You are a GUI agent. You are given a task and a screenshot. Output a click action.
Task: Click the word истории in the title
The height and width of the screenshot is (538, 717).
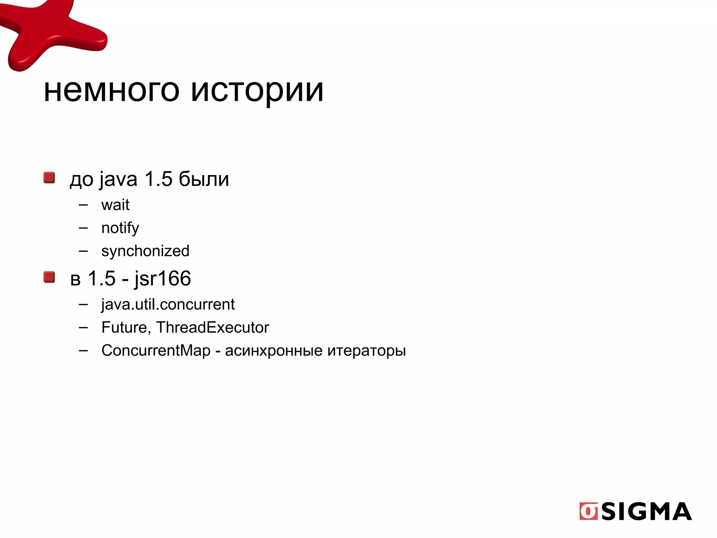(x=257, y=91)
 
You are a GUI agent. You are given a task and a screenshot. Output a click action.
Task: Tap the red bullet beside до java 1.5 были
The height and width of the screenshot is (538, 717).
(x=49, y=178)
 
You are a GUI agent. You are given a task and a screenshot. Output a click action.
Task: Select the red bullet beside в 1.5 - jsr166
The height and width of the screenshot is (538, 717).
(x=49, y=277)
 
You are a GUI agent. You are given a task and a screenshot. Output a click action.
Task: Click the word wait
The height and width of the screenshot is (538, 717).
(x=115, y=205)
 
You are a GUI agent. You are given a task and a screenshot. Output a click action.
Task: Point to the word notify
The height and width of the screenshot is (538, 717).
(x=120, y=228)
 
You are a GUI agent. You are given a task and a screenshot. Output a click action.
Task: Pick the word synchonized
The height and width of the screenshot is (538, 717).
(x=145, y=251)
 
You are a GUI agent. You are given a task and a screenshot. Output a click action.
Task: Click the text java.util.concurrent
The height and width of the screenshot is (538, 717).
(x=168, y=304)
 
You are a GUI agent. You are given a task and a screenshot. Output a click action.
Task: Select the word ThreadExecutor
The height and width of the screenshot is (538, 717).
(x=213, y=327)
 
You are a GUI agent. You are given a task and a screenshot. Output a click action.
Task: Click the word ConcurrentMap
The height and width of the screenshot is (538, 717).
(x=156, y=351)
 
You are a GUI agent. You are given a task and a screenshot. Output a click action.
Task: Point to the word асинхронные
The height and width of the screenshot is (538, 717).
(x=274, y=351)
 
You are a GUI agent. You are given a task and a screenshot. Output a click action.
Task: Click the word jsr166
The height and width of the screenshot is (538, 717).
(x=162, y=279)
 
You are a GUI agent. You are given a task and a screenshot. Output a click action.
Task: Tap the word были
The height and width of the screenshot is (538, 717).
(x=204, y=179)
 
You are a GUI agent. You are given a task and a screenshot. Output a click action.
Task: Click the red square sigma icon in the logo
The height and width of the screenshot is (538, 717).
(x=589, y=511)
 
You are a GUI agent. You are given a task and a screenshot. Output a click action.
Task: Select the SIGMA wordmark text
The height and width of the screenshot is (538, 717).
(x=647, y=511)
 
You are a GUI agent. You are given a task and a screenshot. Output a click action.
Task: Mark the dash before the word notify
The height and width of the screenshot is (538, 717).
(x=83, y=228)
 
